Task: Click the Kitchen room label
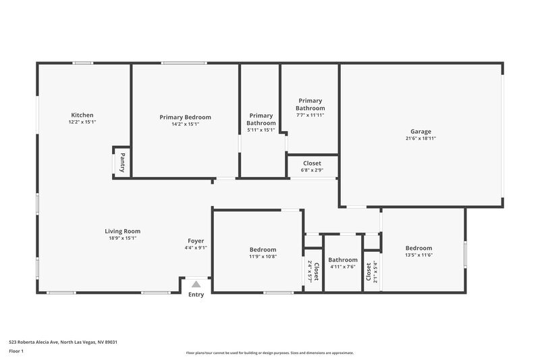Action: [x=82, y=115]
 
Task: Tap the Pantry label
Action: [x=122, y=163]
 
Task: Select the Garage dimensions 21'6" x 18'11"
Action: [x=421, y=138]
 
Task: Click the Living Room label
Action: [x=122, y=231]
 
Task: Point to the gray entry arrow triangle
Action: [x=196, y=284]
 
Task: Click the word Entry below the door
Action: [x=196, y=294]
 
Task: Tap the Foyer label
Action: [x=196, y=240]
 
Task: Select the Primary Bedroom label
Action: [x=185, y=117]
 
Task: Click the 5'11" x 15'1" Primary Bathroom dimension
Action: [x=261, y=130]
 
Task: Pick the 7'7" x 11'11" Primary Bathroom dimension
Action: [x=310, y=115]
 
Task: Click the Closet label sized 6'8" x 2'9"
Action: [x=312, y=163]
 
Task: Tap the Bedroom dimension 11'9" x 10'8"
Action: [x=263, y=256]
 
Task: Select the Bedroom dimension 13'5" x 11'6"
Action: [x=418, y=255]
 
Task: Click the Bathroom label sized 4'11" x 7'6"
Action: [x=343, y=260]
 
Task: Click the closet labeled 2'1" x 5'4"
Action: [x=371, y=272]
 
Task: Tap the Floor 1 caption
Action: [x=17, y=351]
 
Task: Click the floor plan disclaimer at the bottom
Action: [x=269, y=353]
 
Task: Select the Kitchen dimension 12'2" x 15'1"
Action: [x=82, y=122]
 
